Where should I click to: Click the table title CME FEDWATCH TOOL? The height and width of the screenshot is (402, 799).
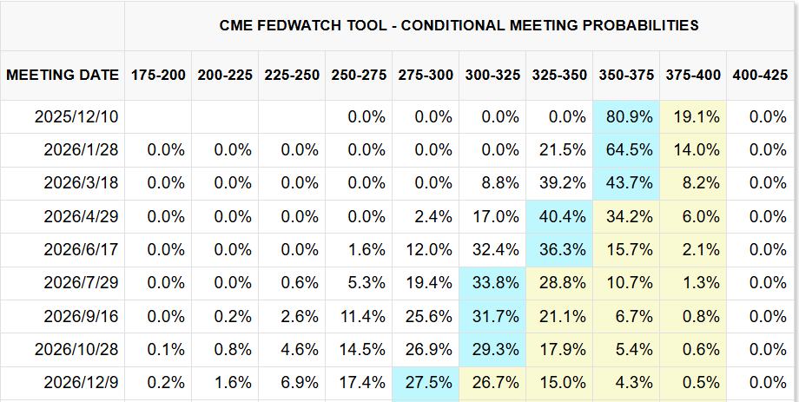459,25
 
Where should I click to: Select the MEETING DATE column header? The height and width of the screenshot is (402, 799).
63,75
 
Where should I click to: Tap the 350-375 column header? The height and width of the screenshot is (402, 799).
626,75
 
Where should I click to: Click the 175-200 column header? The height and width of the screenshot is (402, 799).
158,75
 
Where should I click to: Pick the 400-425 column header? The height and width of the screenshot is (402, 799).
760,75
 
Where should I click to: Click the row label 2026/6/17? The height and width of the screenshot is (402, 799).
82,249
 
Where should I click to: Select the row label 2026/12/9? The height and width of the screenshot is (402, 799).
82,382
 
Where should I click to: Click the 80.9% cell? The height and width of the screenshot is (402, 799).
626,116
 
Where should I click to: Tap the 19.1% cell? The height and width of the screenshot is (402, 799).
693,116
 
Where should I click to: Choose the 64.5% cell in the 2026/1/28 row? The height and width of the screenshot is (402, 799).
626,149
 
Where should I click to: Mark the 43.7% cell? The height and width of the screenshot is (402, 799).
626,183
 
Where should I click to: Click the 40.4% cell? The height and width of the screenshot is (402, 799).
559,216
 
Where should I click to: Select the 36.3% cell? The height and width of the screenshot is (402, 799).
559,249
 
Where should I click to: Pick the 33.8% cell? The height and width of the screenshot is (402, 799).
492,282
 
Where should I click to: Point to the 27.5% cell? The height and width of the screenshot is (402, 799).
426,382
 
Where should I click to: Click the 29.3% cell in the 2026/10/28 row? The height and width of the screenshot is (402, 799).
492,349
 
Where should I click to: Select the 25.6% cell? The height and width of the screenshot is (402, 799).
426,316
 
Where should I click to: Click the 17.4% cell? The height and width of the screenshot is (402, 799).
359,382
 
